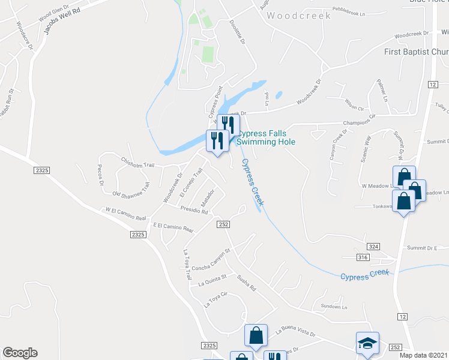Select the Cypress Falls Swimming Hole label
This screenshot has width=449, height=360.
pos(266,137)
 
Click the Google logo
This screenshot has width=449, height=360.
pos(20,353)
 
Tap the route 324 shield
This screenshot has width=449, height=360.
pos(373,247)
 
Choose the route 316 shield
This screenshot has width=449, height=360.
pos(361,257)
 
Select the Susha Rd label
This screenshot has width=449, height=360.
pos(246,280)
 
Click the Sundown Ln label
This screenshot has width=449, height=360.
pos(334,307)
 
